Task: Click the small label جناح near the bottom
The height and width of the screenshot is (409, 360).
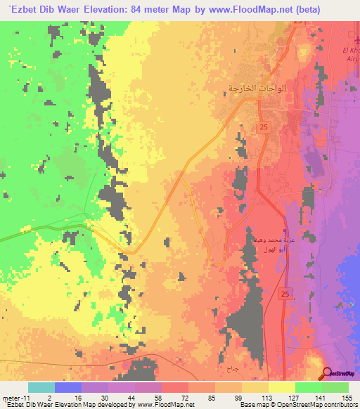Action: point(233,368)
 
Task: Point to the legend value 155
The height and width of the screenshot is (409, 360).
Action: point(348,398)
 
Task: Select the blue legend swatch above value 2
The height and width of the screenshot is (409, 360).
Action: point(68,387)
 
